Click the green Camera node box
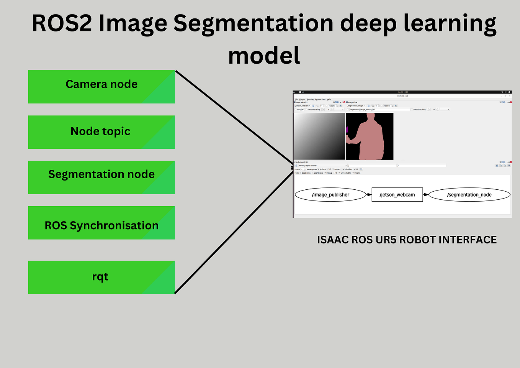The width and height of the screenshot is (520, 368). pos(101,87)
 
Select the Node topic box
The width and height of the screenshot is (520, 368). pos(101,132)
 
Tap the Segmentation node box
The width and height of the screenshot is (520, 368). pos(101,177)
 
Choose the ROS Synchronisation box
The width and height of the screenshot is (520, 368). pos(101,223)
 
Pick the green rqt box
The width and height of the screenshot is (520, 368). pos(101,277)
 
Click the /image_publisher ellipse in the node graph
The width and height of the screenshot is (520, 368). pos(330,195)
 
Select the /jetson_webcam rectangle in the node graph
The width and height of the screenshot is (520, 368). pos(397,195)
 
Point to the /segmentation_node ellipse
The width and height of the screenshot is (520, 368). pos(469,195)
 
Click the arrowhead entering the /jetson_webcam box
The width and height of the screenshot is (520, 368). pos(370,195)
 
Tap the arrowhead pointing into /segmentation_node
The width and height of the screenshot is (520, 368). pos(426,195)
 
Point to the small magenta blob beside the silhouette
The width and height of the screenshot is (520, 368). pos(347,130)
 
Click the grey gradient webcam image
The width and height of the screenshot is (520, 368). pos(319,136)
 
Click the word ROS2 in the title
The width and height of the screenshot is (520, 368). pos(62,24)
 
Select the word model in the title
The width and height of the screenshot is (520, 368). pos(264,56)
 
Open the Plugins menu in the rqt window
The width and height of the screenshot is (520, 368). pos(302,99)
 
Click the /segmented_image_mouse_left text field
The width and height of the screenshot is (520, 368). pos(379,110)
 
